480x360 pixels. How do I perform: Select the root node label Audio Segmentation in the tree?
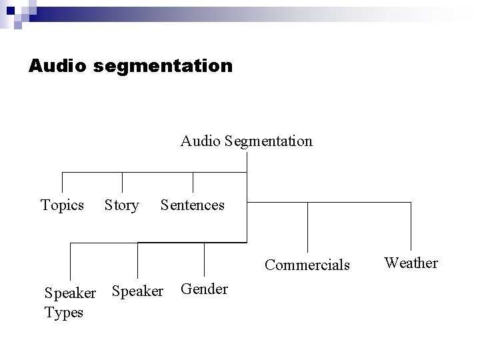point(246,141)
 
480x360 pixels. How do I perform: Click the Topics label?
point(62,205)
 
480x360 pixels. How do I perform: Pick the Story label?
point(121,205)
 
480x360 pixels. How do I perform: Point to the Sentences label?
point(193,205)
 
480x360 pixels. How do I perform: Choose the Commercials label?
point(307,265)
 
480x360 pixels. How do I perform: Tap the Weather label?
point(411,263)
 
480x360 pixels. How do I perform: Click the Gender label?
point(204,289)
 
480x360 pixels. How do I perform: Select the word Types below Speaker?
point(63,312)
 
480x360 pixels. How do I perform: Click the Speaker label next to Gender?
point(137,291)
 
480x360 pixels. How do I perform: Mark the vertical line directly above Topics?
point(62,183)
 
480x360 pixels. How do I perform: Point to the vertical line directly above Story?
point(123,183)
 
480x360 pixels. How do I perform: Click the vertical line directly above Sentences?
point(193,183)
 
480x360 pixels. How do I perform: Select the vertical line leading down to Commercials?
point(307,227)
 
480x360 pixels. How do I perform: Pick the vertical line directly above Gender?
point(204,259)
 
